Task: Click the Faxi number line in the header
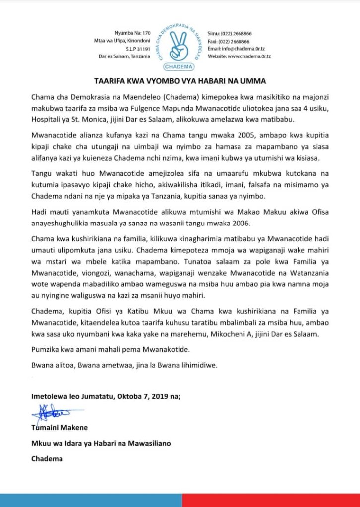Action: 228,41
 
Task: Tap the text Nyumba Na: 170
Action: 129,33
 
